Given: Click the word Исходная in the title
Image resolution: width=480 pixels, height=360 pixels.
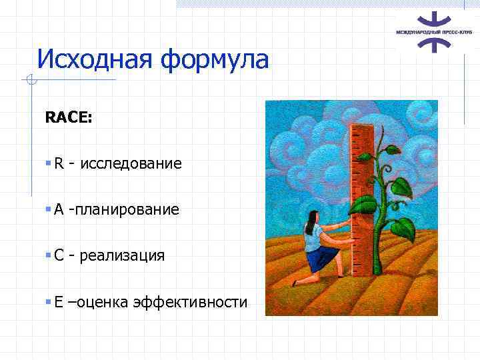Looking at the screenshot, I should point(94,59).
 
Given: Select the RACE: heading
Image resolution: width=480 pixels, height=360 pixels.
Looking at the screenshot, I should point(69,118).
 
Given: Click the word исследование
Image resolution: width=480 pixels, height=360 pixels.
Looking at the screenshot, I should point(131,164).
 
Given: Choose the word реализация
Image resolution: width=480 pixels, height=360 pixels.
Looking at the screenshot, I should point(122,256).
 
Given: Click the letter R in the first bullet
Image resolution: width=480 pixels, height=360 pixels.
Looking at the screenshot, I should point(59,164).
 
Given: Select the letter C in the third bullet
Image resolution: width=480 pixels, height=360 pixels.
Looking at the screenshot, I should point(59,256).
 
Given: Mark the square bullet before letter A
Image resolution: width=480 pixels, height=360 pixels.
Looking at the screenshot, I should point(48,210).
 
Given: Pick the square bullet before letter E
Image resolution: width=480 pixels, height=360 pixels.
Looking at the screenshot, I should point(48,302).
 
